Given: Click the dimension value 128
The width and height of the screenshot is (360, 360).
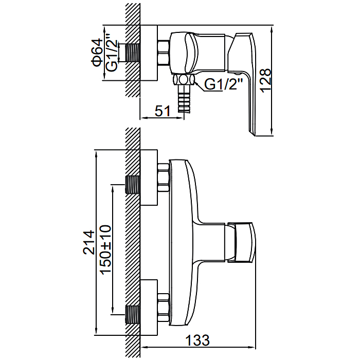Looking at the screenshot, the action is (x=266, y=80).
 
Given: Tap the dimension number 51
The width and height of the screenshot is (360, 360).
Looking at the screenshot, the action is (x=163, y=111).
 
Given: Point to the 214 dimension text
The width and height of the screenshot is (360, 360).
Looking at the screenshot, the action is (x=89, y=242).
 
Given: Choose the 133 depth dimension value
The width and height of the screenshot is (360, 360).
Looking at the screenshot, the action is (x=197, y=340).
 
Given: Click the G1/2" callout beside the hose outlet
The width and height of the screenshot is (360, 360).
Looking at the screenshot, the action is (x=223, y=84).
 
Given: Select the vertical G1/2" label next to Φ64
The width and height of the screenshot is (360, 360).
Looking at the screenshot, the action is (x=112, y=52).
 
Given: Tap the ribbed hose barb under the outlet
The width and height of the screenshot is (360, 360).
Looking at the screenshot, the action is (x=184, y=99).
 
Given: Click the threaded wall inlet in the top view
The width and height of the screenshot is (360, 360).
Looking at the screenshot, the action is (x=133, y=52).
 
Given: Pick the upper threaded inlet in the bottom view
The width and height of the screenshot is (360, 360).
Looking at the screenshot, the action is (x=133, y=184).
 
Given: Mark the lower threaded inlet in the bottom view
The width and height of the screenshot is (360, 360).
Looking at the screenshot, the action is (x=133, y=315).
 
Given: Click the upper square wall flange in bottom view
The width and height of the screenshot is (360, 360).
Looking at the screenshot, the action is (x=149, y=178).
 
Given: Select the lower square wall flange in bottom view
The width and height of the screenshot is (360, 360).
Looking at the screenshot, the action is (x=149, y=308).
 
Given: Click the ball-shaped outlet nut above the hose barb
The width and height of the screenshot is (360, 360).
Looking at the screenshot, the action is (x=184, y=80).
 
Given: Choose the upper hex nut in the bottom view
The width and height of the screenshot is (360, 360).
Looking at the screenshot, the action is (x=164, y=177).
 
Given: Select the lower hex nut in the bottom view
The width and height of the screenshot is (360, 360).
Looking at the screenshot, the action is (x=164, y=308).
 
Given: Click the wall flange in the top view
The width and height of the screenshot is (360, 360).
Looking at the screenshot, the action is (x=149, y=52).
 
